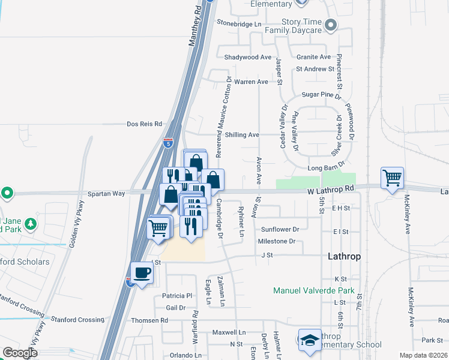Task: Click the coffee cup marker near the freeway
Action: pyautogui.click(x=142, y=273)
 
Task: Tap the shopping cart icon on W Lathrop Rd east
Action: pyautogui.click(x=392, y=177)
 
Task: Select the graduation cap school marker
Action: pyautogui.click(x=310, y=340)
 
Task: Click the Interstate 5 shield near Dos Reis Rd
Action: pyautogui.click(x=168, y=143)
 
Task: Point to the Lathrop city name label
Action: pyautogui.click(x=345, y=256)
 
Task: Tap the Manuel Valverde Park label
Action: pyautogui.click(x=314, y=291)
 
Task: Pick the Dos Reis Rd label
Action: pyautogui.click(x=145, y=124)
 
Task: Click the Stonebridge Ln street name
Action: pyautogui.click(x=240, y=24)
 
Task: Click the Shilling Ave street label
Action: pyautogui.click(x=242, y=135)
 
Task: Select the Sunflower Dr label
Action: pyautogui.click(x=280, y=230)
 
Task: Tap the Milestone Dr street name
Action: pyautogui.click(x=277, y=241)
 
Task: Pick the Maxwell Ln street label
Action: pyautogui.click(x=229, y=332)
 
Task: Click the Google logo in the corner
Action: pyautogui.click(x=20, y=353)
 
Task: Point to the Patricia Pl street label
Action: pyautogui.click(x=176, y=296)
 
